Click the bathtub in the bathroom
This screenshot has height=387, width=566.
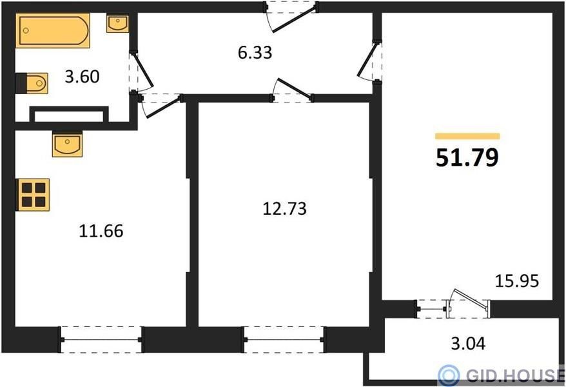pos(53,31)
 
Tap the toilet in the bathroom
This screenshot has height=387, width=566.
pos(32,83)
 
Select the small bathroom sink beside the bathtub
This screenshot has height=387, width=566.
pos(118,24)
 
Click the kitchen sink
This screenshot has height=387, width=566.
pos(68,144)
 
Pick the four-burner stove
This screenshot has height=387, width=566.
pos(34,195)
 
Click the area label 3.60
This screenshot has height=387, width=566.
pos(82,77)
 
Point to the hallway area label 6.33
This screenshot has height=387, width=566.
pos(255,53)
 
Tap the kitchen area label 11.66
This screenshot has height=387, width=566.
pos(101,231)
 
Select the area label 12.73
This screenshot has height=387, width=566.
pos(284,209)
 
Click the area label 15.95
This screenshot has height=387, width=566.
pos(517,281)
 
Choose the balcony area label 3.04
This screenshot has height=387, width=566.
pos(468,343)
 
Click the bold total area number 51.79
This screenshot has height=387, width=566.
pos(467,158)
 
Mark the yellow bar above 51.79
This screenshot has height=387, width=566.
pos(467,136)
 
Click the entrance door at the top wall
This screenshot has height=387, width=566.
pos(291,17)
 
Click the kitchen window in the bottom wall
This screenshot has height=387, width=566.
pos(101,339)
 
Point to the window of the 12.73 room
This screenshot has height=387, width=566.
pos(284,339)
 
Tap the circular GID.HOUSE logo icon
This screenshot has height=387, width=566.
pos(449,376)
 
